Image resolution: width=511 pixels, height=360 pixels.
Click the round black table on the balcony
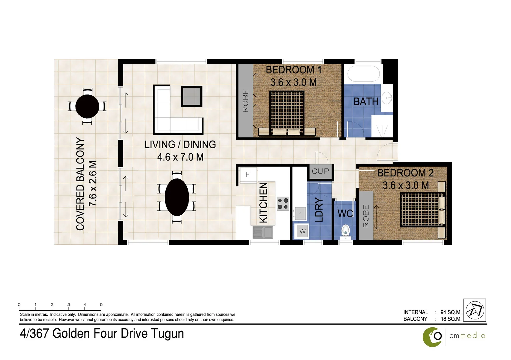pos(87,106)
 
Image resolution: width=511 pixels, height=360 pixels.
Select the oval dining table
pos(177,197)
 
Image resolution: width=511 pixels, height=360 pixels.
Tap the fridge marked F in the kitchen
pos(248,174)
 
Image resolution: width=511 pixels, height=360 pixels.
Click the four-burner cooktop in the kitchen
pos(283,204)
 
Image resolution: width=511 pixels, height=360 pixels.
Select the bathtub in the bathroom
pos(363,74)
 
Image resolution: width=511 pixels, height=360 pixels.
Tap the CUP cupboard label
pos(320,171)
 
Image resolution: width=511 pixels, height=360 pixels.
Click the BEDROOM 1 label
pos(293,70)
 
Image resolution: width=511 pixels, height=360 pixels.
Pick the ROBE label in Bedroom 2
pos(366,216)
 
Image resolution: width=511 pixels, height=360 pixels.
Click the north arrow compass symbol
pos(474,310)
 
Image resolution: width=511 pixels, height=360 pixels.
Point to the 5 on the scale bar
pos(101,305)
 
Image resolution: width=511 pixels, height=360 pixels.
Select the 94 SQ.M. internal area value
pos(451,312)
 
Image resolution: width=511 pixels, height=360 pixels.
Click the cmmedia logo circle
pos(432,337)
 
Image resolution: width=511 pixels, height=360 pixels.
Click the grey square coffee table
pos(192,96)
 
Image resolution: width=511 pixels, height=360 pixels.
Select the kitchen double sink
pos(263,232)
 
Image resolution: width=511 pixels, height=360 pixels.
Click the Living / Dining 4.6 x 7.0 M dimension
pos(180,157)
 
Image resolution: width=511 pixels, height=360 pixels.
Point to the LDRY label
pos(319,210)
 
